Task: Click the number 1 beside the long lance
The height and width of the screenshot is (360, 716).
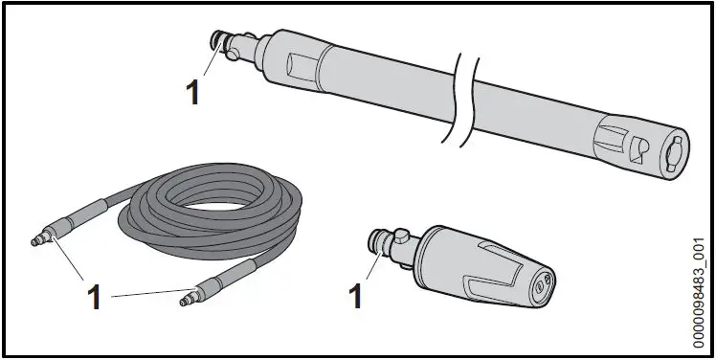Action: tap(191, 93)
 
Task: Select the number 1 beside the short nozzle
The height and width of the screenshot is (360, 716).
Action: tap(354, 295)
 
